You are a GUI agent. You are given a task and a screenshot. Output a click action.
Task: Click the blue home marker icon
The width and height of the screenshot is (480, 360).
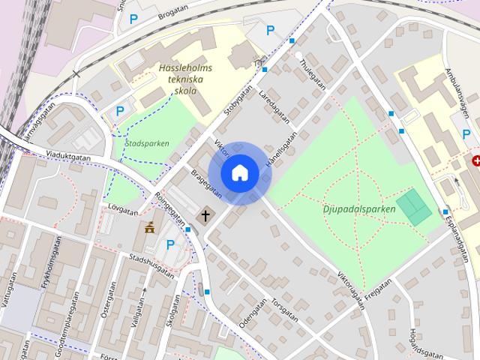pos(239,173)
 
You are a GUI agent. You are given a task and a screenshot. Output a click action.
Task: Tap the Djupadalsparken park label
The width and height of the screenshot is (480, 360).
pos(360,209)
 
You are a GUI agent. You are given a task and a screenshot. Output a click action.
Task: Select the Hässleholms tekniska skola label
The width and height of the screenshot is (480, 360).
pos(185,79)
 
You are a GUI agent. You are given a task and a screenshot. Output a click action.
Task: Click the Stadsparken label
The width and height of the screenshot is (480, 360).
pos(147,142)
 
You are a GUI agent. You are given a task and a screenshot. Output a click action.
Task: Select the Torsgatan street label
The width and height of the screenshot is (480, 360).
pos(286,310)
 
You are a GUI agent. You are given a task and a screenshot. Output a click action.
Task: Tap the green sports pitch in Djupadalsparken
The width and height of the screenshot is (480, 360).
pos(414,206)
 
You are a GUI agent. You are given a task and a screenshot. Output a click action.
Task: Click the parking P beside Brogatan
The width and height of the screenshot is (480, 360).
pos(134,19)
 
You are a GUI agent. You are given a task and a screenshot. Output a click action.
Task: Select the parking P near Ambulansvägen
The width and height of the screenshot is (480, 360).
pos(466,134)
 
